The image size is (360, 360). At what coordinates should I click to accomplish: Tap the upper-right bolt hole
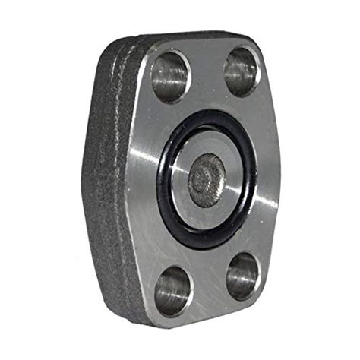tap(242, 71)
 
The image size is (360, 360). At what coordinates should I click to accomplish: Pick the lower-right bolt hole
tap(242, 274)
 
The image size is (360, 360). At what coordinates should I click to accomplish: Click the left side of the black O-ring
tap(162, 182)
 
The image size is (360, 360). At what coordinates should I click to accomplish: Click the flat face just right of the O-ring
tap(267, 182)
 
